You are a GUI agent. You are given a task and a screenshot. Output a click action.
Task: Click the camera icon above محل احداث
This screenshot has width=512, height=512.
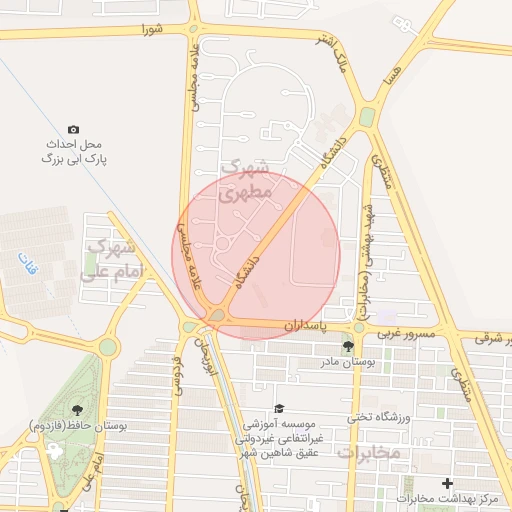click(x=73, y=130)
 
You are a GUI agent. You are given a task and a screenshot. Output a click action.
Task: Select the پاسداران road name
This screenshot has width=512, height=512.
click(x=305, y=326)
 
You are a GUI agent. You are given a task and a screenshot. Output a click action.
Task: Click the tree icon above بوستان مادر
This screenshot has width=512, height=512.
click(x=348, y=346)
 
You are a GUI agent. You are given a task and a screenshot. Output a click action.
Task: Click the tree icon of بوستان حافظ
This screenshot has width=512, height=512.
click(x=77, y=409)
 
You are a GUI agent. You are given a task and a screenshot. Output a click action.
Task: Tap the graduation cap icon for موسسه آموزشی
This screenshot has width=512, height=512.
click(x=280, y=409)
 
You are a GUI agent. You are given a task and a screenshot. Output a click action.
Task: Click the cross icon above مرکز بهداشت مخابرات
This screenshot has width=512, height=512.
click(x=447, y=484)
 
